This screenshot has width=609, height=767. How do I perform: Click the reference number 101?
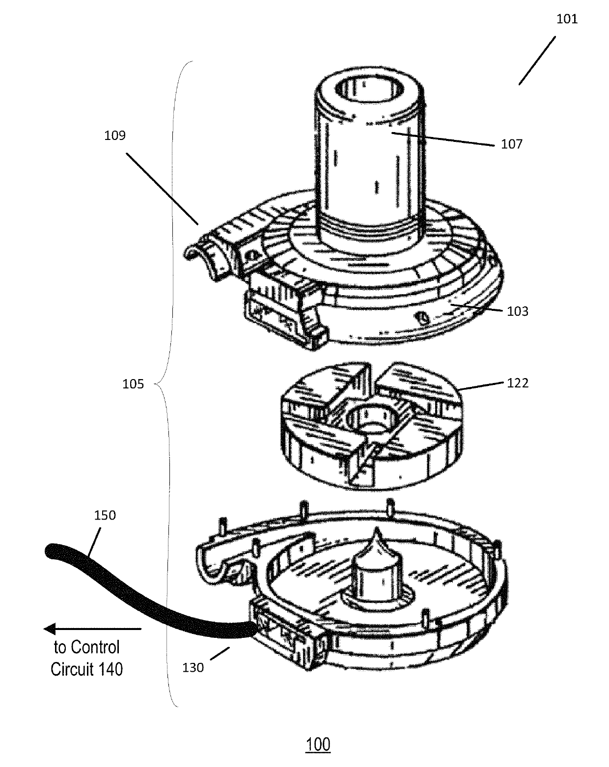click(567, 20)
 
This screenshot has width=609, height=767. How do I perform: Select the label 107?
click(511, 144)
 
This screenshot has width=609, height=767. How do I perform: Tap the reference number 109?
click(115, 135)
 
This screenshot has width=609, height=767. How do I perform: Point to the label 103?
click(518, 311)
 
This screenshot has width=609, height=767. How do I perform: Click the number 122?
click(518, 383)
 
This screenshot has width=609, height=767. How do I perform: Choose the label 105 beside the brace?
click(133, 383)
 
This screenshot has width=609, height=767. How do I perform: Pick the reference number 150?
click(105, 515)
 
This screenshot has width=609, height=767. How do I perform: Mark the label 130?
click(193, 668)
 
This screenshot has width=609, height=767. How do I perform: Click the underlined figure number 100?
click(318, 744)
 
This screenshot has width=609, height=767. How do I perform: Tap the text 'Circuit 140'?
click(86, 669)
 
